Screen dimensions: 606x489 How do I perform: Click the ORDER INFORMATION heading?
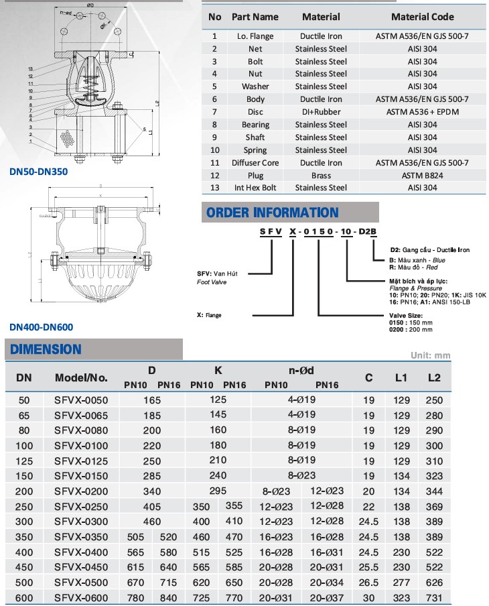coord(273,213)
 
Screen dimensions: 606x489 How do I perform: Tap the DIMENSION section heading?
coord(46,349)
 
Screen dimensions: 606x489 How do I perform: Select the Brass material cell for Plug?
coord(321,175)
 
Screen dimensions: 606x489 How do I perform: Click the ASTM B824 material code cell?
coord(422,175)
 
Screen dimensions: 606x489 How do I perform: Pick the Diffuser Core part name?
coord(255,162)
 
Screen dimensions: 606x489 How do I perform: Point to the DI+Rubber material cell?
coord(321,112)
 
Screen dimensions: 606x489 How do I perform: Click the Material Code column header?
coord(422,17)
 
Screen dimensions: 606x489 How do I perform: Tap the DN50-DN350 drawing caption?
coord(38,171)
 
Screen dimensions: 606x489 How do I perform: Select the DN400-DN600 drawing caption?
coord(41,327)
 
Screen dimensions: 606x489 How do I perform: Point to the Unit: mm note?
coord(430,355)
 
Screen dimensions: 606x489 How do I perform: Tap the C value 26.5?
coord(369,582)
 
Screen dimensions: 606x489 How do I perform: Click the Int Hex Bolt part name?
coord(255,188)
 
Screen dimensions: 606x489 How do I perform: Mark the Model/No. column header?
coord(81,377)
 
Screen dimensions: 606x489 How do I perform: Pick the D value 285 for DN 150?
coord(153,475)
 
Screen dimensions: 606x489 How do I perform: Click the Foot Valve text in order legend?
coord(212,282)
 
